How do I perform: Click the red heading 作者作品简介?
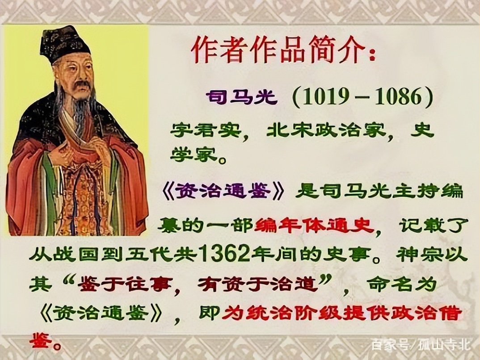[x=282, y=50]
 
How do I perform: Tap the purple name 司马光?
[x=241, y=97]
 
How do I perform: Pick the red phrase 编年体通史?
[x=314, y=225]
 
